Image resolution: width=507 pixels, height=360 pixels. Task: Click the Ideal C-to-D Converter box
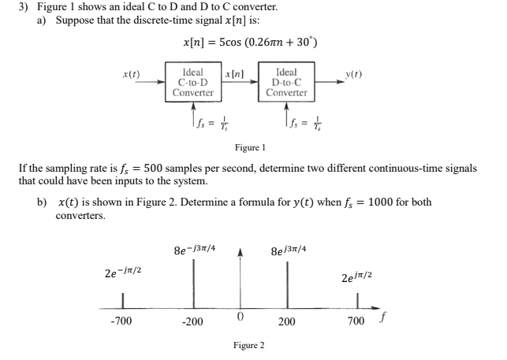click(x=193, y=81)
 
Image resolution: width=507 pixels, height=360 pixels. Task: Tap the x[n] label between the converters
click(x=235, y=72)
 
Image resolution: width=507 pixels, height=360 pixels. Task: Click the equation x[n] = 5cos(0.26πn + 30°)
click(x=249, y=42)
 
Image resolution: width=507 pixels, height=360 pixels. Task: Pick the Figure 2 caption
click(x=248, y=345)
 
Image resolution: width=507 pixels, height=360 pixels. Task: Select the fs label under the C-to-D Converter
click(x=193, y=121)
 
